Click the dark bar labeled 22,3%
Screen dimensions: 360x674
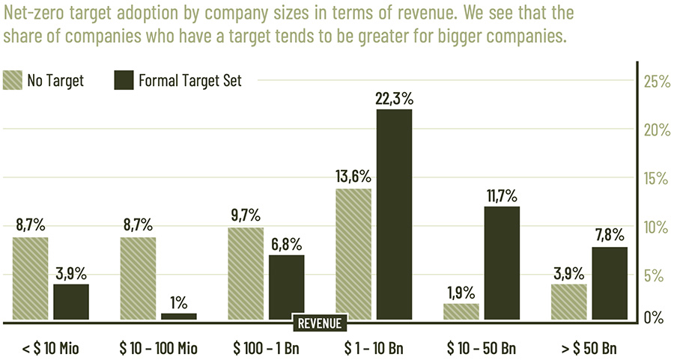tap(394, 214)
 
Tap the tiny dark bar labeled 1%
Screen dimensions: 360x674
tap(178, 317)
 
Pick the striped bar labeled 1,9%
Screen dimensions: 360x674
tap(461, 311)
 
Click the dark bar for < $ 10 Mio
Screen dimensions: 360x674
tap(70, 302)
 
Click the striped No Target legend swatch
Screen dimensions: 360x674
tap(13, 81)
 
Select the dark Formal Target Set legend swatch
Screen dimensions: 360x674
tap(124, 81)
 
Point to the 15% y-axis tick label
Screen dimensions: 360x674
tap(656, 179)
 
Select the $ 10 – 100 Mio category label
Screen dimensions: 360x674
tap(157, 348)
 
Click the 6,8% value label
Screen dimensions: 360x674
tap(286, 244)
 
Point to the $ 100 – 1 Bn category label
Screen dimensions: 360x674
tap(265, 348)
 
